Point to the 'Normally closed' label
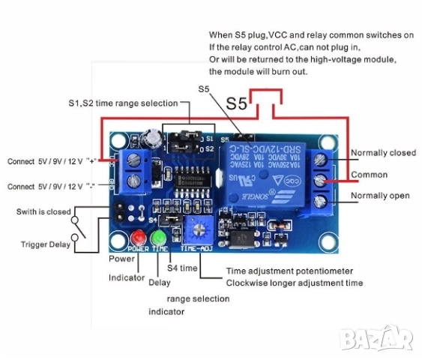(x=383, y=153)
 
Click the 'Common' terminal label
(x=370, y=175)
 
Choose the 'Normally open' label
(x=380, y=196)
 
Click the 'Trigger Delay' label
(x=44, y=244)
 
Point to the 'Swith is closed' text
(x=43, y=212)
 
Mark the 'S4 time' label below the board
(x=182, y=268)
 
